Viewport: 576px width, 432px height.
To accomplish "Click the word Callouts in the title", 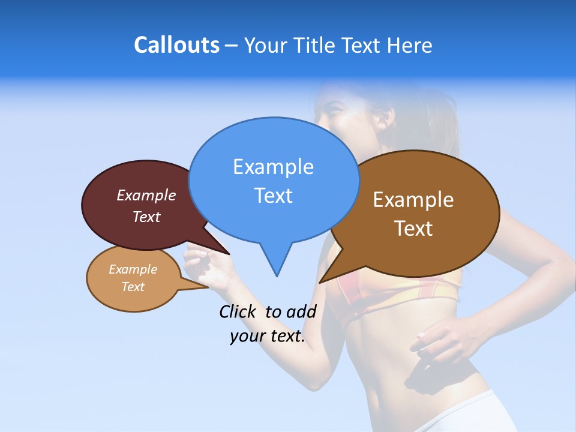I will (x=176, y=46).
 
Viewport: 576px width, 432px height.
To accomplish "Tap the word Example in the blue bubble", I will (x=273, y=167).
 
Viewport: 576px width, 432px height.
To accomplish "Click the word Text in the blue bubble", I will (x=273, y=196).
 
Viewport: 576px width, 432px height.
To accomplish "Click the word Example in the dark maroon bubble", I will (x=146, y=196).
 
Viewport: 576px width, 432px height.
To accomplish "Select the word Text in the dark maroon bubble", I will (x=146, y=217).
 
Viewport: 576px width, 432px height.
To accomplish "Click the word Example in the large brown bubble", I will (x=413, y=200).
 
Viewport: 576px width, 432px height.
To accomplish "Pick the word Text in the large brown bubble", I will (x=413, y=229).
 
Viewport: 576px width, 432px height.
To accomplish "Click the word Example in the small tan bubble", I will (x=133, y=269).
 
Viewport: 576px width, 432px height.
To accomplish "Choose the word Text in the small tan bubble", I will (x=133, y=287).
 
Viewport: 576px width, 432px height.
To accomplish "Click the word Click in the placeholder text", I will (x=238, y=311).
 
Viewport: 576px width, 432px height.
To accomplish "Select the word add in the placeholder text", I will (x=301, y=311).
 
